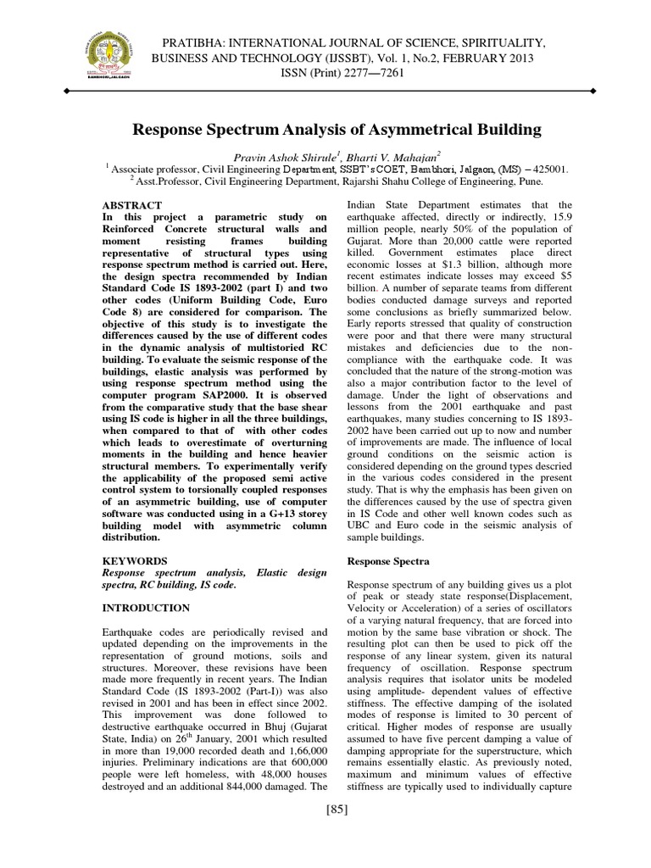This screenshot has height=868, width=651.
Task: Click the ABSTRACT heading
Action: click(131, 205)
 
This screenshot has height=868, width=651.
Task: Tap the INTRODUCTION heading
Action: click(146, 609)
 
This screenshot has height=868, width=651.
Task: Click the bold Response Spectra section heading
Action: click(389, 561)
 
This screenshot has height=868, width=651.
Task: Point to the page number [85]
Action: click(337, 808)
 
